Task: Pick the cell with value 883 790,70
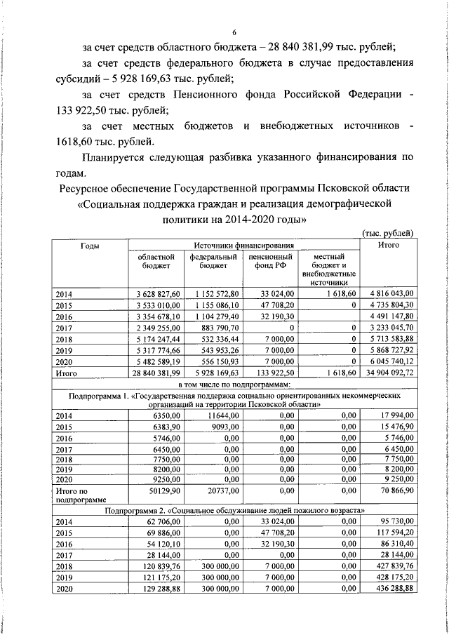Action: tap(217, 327)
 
